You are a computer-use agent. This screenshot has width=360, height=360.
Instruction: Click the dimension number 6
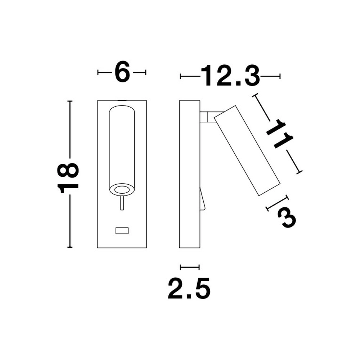[122, 72]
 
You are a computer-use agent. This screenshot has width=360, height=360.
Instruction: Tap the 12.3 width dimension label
[230, 76]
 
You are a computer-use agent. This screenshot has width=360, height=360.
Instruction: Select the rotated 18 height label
[69, 177]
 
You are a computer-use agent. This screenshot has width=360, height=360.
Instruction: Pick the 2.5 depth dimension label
[189, 288]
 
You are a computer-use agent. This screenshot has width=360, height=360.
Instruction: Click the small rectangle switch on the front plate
[122, 230]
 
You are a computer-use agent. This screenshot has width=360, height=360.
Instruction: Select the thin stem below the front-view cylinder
[122, 203]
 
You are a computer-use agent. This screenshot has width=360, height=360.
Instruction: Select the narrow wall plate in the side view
[189, 174]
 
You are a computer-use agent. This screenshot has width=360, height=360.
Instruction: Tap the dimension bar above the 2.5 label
[189, 267]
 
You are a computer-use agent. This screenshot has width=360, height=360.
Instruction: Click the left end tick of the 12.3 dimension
[180, 76]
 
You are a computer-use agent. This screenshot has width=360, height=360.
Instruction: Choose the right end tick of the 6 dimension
[145, 72]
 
